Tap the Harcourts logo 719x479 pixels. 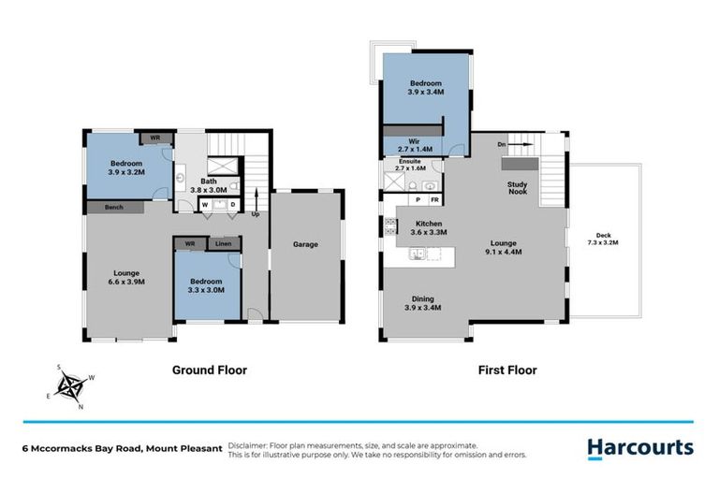(x=640, y=447)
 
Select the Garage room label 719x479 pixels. (x=305, y=245)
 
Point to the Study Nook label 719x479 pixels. (x=518, y=188)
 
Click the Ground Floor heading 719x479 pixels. (x=209, y=370)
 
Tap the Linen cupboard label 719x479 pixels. (x=223, y=244)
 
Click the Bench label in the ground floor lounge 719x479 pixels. (x=114, y=207)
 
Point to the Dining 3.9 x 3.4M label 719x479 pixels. (x=423, y=303)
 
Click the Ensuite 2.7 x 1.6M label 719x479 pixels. (x=410, y=165)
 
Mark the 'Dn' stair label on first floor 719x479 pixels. (x=502, y=145)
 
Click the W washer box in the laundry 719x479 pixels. (x=204, y=205)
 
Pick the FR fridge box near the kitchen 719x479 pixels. (x=433, y=199)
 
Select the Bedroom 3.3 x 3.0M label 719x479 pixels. (x=206, y=285)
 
